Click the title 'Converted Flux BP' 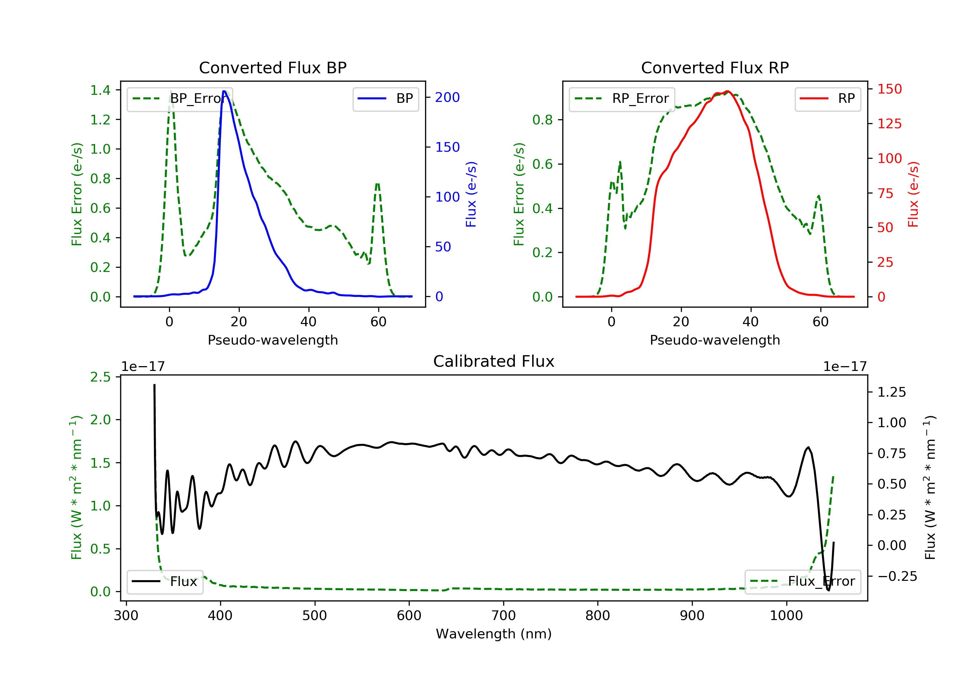273,67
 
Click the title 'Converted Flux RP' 715,67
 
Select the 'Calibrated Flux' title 494,361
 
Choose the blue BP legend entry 385,99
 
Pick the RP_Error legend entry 622,99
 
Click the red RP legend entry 827,99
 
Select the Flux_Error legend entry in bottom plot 802,581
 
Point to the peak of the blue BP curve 224,91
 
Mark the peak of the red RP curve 727,91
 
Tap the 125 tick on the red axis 889,124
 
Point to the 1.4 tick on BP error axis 100,90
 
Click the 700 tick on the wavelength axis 504,616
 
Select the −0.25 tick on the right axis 897,576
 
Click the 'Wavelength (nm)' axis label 494,634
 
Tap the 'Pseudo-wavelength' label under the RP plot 715,340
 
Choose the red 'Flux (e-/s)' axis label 913,194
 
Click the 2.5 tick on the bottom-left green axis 100,377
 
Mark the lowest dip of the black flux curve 828,590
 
